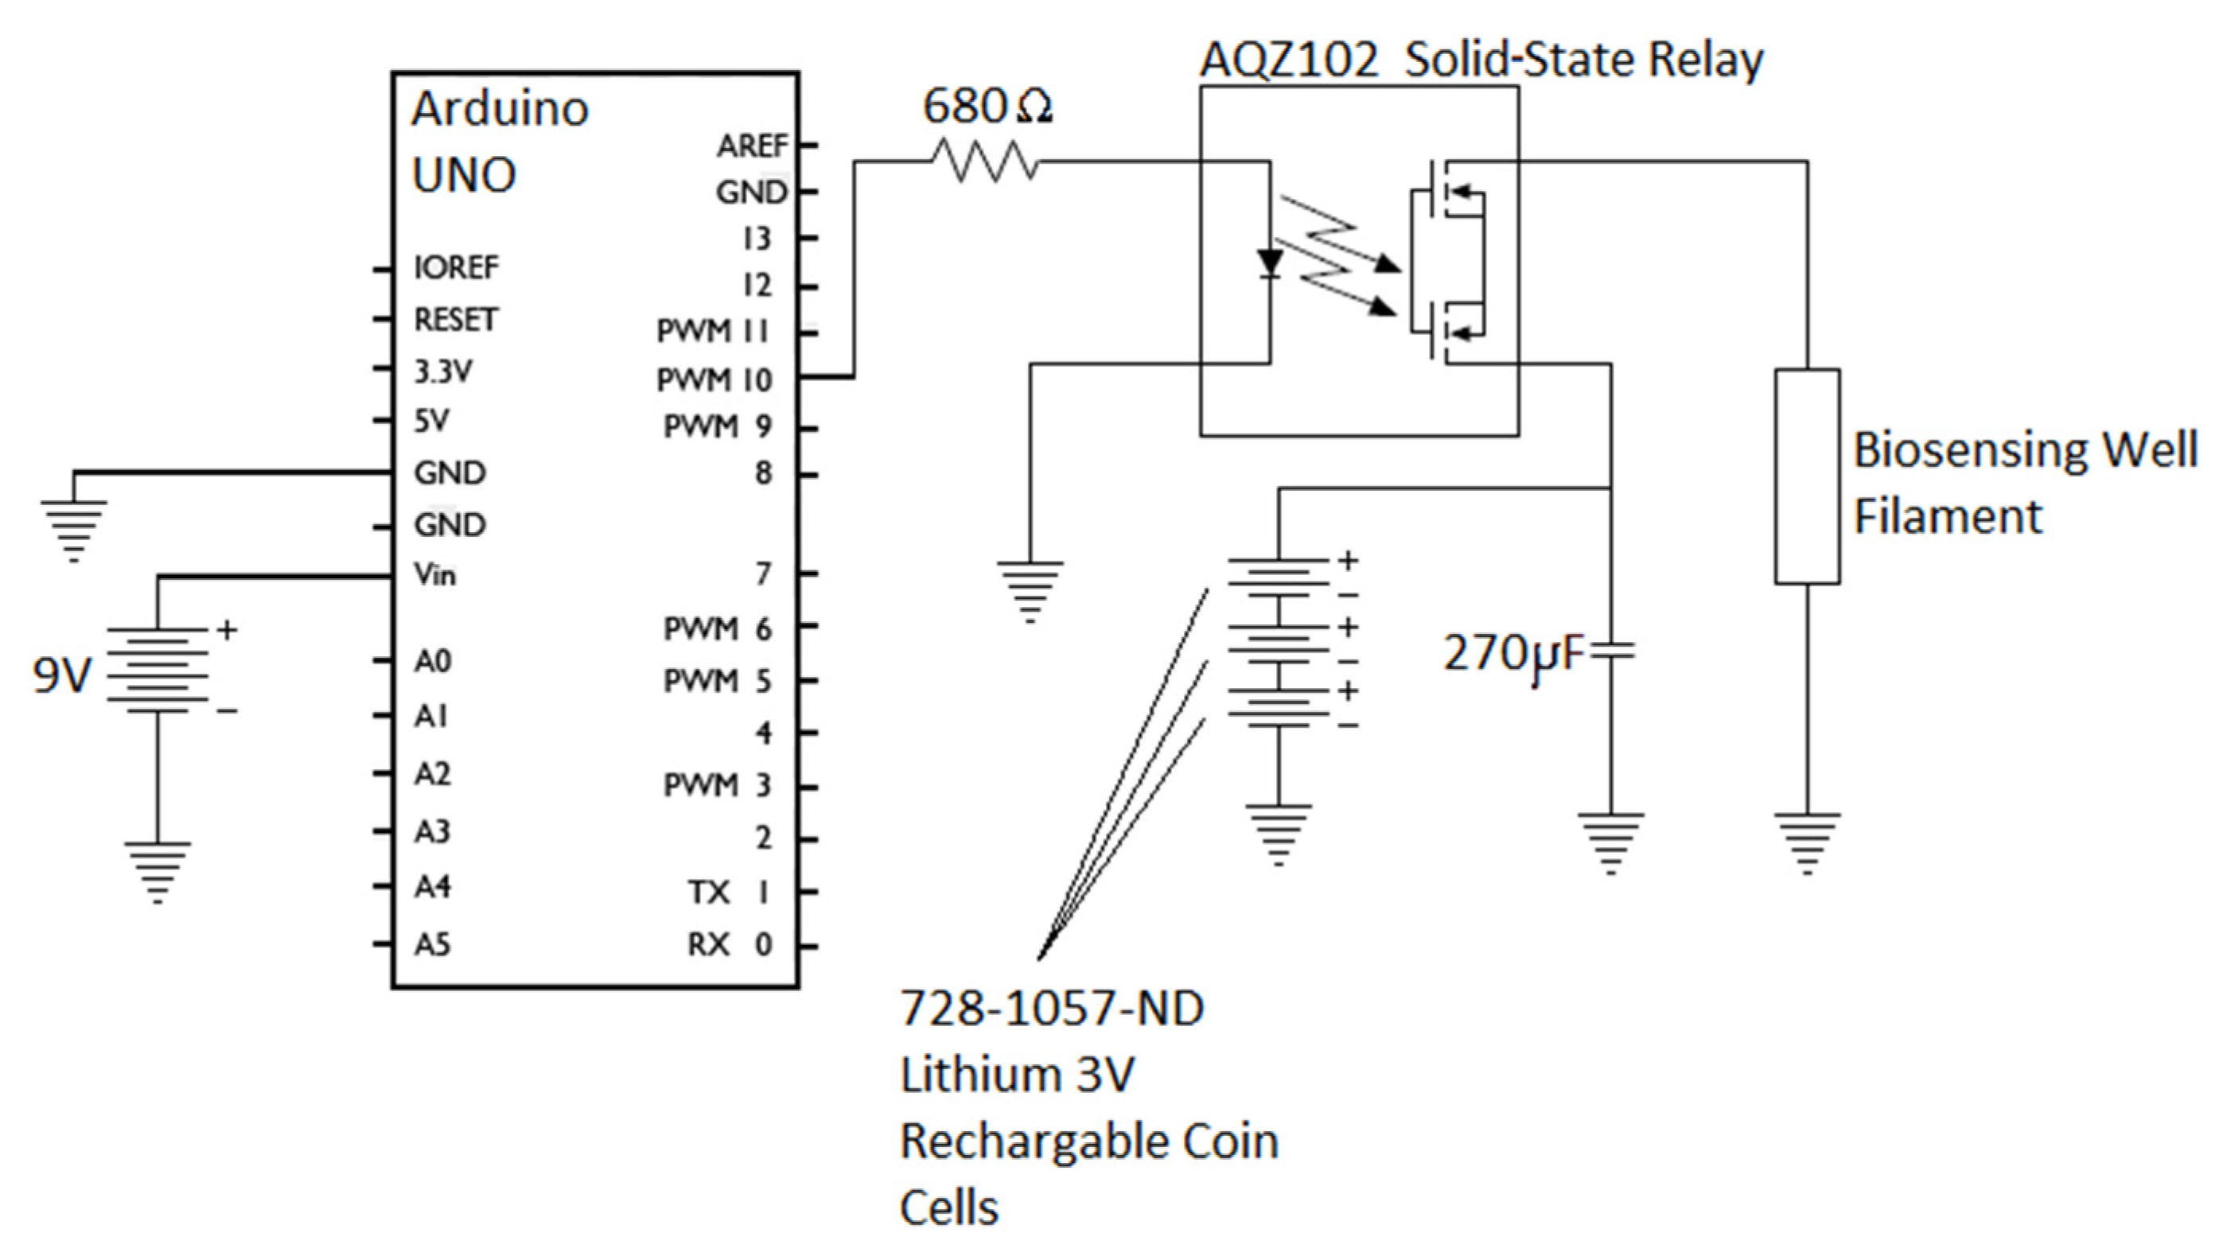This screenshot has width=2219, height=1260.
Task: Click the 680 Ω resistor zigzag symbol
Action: point(985,161)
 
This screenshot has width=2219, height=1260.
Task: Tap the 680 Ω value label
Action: point(987,106)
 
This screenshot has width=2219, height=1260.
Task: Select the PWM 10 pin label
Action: point(714,379)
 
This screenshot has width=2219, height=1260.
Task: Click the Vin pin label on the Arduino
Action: point(434,574)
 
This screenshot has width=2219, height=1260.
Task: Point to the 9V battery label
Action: point(60,675)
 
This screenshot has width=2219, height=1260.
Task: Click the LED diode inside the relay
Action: point(1270,263)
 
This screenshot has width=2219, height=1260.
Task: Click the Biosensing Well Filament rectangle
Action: point(1807,476)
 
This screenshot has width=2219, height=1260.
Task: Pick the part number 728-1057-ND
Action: point(1052,1008)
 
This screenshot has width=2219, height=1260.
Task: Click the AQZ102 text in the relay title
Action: point(1289,60)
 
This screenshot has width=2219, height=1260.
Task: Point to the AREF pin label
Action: point(751,146)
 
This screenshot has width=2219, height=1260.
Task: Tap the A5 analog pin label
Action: point(432,944)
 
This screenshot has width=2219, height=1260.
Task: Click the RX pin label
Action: point(709,944)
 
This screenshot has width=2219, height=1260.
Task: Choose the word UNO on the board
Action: point(464,175)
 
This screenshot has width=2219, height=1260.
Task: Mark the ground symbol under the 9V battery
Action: point(157,870)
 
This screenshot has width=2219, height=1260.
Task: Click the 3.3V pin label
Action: point(442,371)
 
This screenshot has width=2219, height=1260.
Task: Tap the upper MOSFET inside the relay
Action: point(1443,192)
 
